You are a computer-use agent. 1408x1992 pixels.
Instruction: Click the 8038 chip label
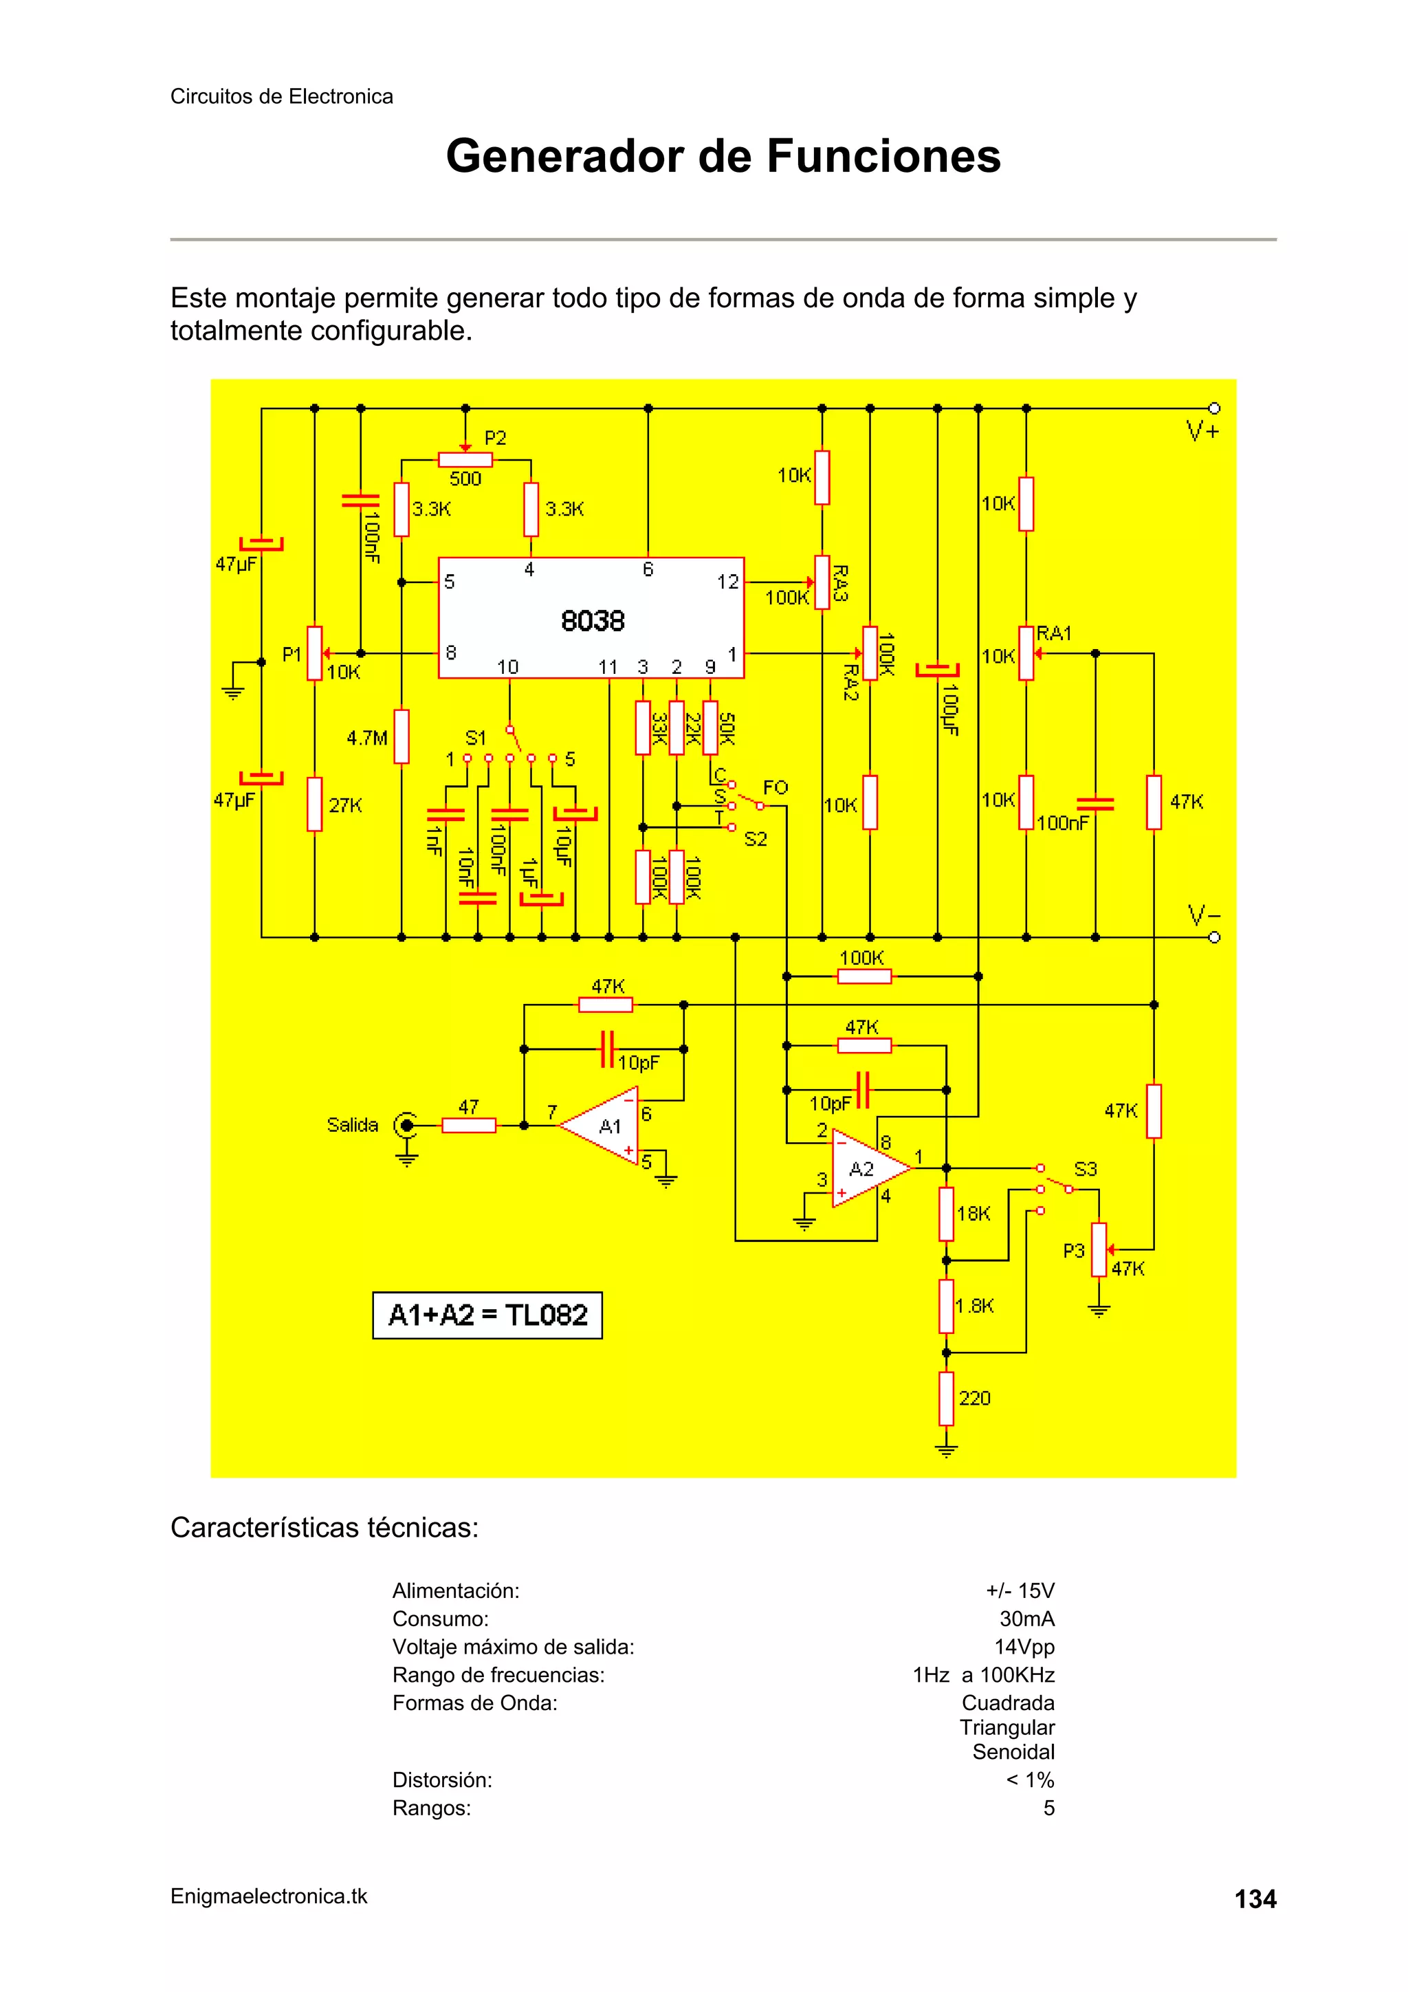(x=593, y=621)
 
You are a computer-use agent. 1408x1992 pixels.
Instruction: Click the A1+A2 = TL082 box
(x=487, y=1315)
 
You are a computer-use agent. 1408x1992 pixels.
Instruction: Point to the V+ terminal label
(x=1203, y=431)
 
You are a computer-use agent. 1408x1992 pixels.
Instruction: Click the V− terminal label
(x=1203, y=915)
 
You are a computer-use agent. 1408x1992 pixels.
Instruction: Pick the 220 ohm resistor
(x=947, y=1398)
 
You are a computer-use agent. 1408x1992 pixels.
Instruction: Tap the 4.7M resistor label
(x=367, y=738)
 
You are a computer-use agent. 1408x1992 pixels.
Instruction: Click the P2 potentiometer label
(x=496, y=439)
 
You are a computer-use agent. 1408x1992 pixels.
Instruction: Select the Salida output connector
(x=405, y=1126)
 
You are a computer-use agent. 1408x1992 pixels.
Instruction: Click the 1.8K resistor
(x=947, y=1306)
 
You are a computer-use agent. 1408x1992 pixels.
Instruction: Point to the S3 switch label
(x=1086, y=1169)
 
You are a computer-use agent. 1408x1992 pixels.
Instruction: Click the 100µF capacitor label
(x=951, y=710)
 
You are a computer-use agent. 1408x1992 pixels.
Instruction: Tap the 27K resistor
(x=315, y=805)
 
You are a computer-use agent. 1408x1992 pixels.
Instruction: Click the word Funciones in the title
(x=883, y=156)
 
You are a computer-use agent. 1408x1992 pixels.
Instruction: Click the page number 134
(x=1255, y=1899)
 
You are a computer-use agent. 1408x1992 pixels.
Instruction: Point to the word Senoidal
(x=1013, y=1751)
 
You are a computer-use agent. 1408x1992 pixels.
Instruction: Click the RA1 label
(x=1054, y=633)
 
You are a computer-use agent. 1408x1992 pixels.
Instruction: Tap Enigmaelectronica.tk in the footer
(x=269, y=1896)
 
